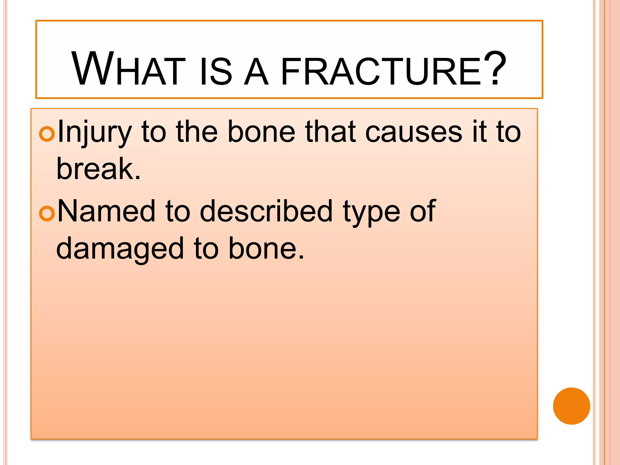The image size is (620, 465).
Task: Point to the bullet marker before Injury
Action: click(x=47, y=134)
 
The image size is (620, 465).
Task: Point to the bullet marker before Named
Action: click(x=47, y=213)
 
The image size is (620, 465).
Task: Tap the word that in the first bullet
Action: click(x=330, y=132)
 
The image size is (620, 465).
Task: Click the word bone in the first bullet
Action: click(x=261, y=132)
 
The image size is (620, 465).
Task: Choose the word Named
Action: click(x=106, y=211)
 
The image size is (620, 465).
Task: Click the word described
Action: click(x=266, y=211)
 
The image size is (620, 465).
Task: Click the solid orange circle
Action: click(x=571, y=406)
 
